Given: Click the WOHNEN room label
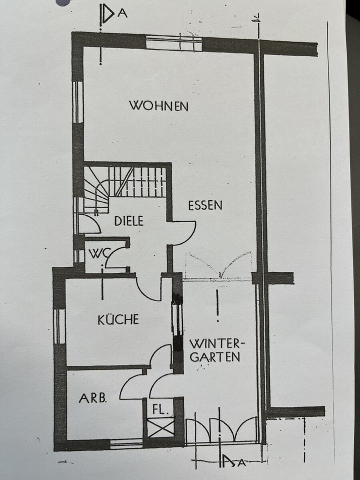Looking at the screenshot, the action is coord(158,106).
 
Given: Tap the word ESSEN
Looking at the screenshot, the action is coord(205,205).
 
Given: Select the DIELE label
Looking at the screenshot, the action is coord(128,220).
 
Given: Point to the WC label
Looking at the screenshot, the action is coord(98,253).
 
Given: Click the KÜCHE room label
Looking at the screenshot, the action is coord(118,319).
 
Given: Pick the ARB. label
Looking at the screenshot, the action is coord(92,398).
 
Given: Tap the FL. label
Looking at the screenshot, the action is coord(160,408).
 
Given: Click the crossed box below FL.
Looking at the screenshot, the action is coord(160,427).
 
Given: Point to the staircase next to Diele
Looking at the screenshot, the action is coord(125,182).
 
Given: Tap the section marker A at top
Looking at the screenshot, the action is coord(122,13).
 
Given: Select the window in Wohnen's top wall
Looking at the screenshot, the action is coord(173,42).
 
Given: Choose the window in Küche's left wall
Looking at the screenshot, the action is coord(59,326).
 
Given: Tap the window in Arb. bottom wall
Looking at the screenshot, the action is coord(126,442).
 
